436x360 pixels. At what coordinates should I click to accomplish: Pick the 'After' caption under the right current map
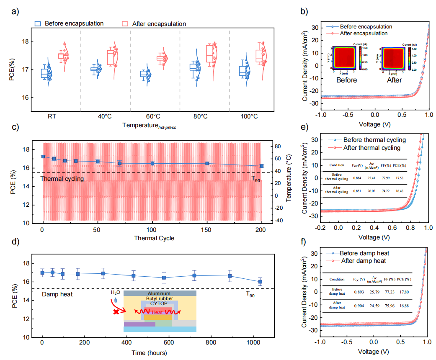click(x=392, y=80)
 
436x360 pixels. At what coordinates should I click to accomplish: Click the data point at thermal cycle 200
click(x=262, y=166)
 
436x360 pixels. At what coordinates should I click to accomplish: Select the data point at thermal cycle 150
click(x=207, y=163)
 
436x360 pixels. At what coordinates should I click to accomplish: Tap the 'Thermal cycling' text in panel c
click(x=62, y=179)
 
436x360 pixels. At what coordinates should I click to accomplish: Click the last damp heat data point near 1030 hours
click(x=260, y=282)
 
